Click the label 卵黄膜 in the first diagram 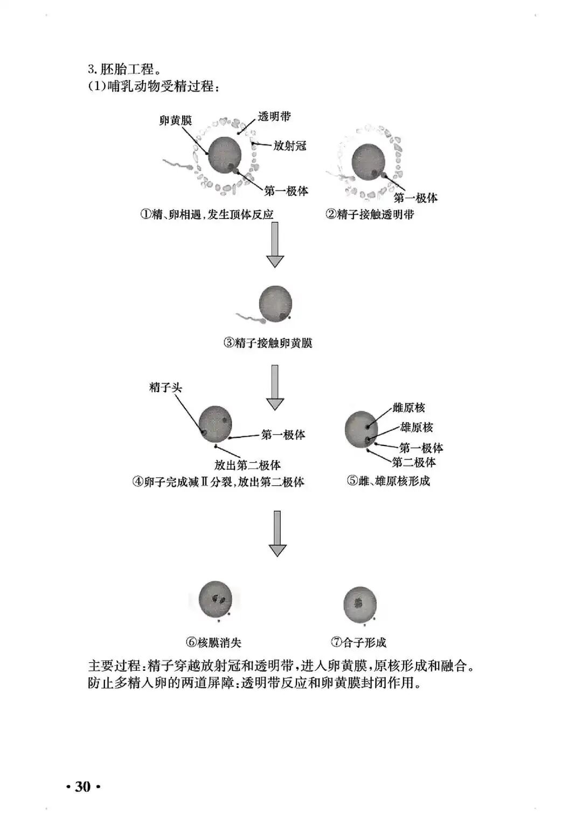click(176, 121)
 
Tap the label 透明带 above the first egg click(274, 116)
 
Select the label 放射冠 click(289, 146)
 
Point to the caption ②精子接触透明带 click(370, 214)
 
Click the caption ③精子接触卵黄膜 click(268, 342)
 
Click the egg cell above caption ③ click(276, 304)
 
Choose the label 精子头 click(166, 387)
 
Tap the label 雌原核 click(409, 408)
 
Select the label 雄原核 click(417, 428)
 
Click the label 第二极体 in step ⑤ click(414, 462)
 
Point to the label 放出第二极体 click(248, 465)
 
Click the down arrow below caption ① click(275, 245)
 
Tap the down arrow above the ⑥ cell click(278, 533)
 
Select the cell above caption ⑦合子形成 click(359, 605)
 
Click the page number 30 click(83, 787)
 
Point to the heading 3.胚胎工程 click(124, 69)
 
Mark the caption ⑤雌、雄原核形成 click(389, 481)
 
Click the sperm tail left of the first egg click(175, 163)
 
